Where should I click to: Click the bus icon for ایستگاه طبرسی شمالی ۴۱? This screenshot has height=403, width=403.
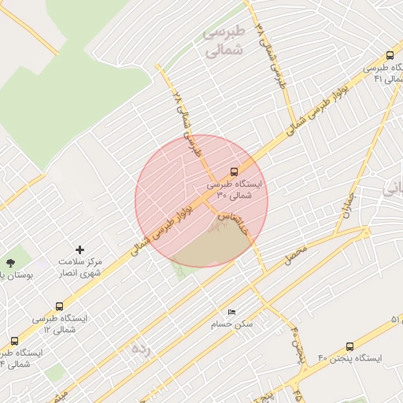click(390, 55)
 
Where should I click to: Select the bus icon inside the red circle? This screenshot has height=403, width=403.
click(234, 171)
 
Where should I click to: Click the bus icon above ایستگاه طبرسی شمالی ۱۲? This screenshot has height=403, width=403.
click(59, 306)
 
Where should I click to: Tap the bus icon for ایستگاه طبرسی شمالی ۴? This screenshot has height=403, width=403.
click(14, 341)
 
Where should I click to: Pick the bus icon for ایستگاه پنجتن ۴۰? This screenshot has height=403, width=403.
click(349, 346)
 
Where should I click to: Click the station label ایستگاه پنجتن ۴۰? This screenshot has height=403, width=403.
click(349, 359)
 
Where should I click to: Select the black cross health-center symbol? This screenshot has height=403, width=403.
click(79, 249)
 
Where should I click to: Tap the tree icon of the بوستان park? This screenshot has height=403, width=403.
click(10, 263)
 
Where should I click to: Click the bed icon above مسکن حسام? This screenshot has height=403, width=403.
click(231, 312)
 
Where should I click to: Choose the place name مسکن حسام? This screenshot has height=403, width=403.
click(231, 324)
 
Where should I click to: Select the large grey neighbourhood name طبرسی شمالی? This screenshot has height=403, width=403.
click(224, 41)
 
